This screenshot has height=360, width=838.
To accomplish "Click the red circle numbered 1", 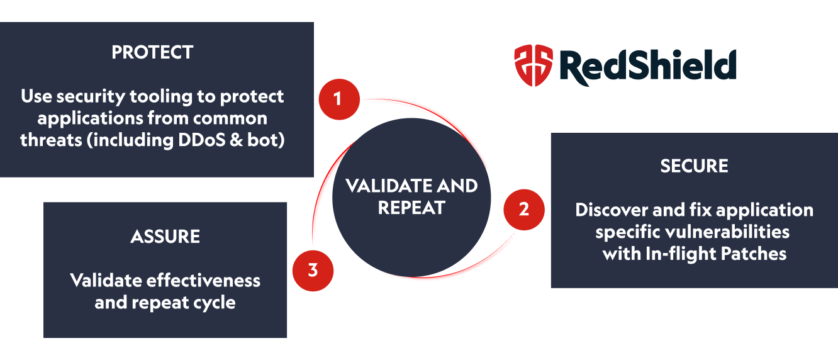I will coord(338,99).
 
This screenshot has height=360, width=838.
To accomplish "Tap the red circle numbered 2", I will coord(523,209).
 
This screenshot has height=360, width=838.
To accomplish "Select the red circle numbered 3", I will coord(313,271).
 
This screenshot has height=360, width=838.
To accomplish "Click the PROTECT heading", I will coord(152,52).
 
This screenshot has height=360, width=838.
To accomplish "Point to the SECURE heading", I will coord(694,166).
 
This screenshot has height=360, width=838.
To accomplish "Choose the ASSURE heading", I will coord(165,237).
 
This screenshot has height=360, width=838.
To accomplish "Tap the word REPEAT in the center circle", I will coord(411,208).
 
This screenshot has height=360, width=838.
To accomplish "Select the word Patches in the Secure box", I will coord(755,254).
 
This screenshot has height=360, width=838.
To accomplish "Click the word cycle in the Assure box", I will coord(214,303).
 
